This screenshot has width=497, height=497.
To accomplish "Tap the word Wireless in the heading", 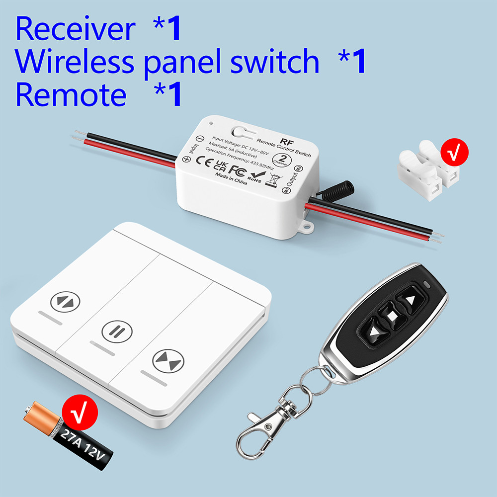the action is coord(75,62).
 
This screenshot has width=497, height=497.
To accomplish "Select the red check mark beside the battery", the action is coord(79,412).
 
